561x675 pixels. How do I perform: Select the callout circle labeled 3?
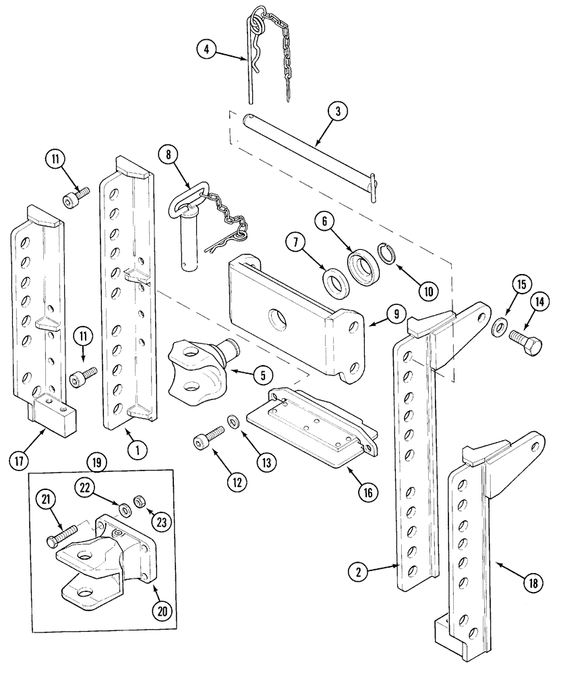[x=338, y=112]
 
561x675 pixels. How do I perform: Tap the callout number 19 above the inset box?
[x=96, y=462]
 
